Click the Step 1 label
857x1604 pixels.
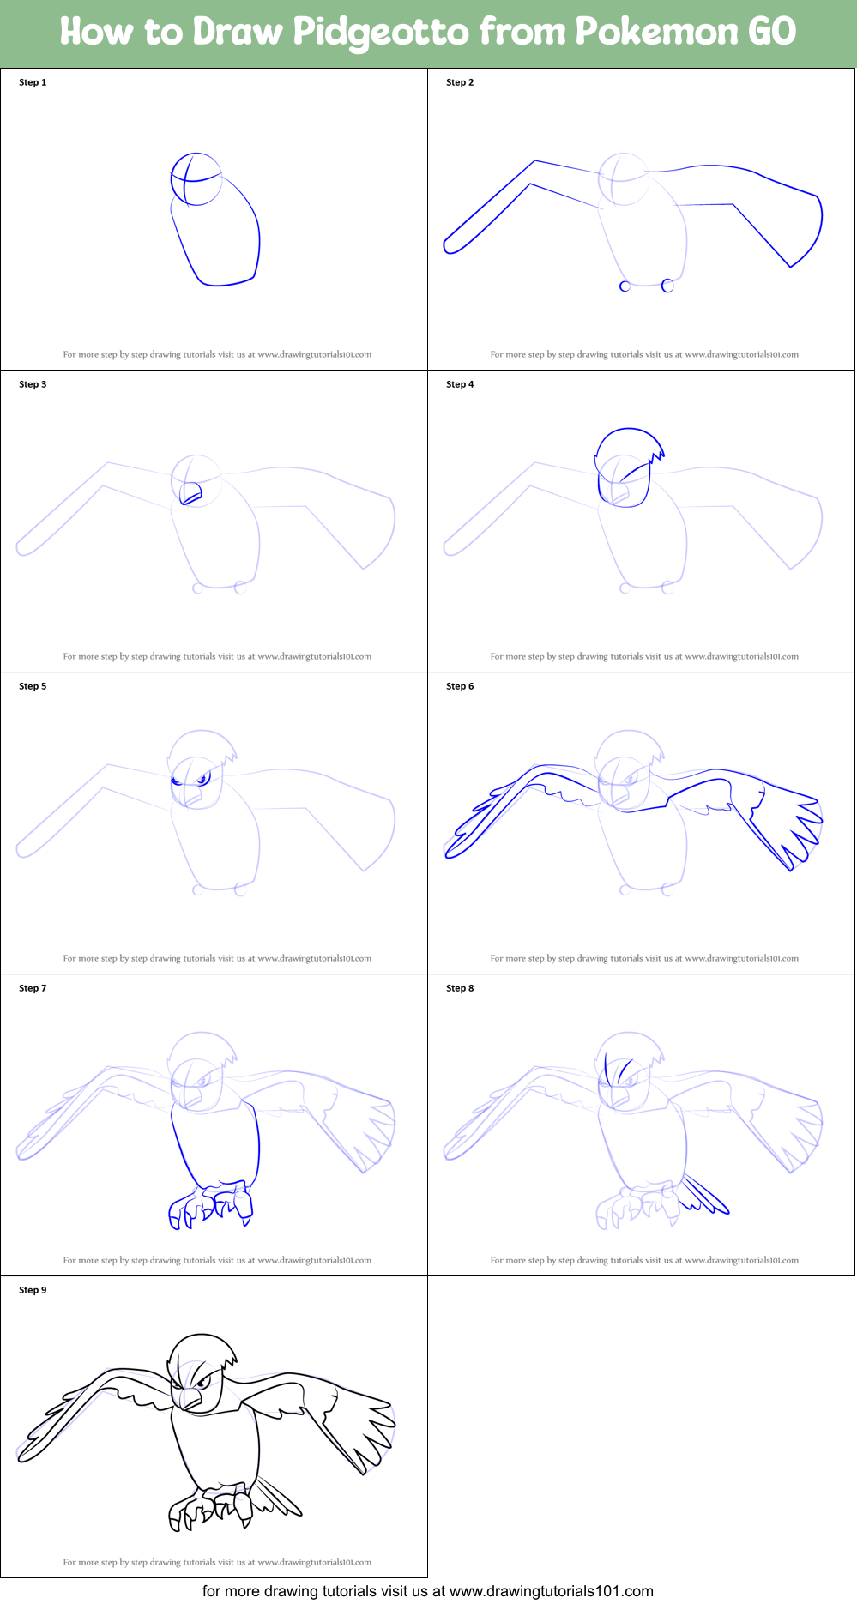click(x=33, y=82)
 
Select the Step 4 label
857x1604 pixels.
click(x=460, y=384)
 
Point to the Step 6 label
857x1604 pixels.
click(x=460, y=686)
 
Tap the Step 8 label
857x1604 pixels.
click(x=460, y=988)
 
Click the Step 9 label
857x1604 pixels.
click(x=33, y=1290)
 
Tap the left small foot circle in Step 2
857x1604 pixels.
click(x=625, y=286)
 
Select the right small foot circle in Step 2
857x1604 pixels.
click(x=667, y=286)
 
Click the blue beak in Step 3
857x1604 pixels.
click(x=190, y=494)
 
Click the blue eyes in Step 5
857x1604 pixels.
click(x=202, y=779)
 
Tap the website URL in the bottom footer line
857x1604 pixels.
click(x=551, y=1591)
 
